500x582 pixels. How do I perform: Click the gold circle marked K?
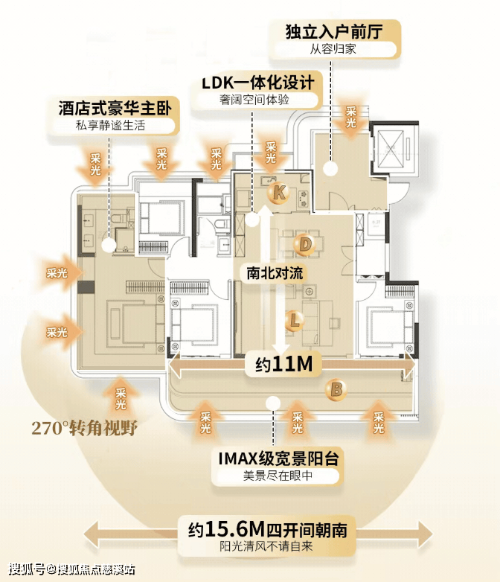pos(278,193)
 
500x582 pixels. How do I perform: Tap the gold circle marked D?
pos(303,243)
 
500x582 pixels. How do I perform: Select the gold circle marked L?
pos(294,321)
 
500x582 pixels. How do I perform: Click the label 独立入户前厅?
pos(343,33)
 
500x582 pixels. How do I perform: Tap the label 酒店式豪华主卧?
pos(115,109)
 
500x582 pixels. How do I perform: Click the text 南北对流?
pos(275,273)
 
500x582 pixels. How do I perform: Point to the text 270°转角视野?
pos(85,428)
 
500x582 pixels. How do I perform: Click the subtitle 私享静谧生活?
pos(115,126)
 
